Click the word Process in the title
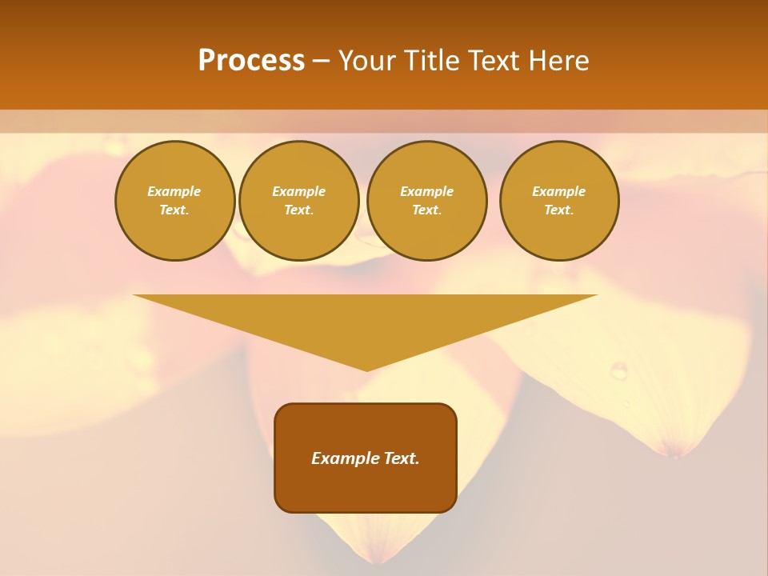251,61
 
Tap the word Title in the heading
433,61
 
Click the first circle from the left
174,200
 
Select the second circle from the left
298,200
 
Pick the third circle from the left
426,200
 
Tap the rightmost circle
558,200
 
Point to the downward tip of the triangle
366,369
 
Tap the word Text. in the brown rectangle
402,458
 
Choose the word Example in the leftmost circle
174,191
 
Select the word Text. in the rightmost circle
558,210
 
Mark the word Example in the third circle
426,191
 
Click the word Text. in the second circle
298,210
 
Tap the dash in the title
321,61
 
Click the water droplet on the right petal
618,370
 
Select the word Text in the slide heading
497,61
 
